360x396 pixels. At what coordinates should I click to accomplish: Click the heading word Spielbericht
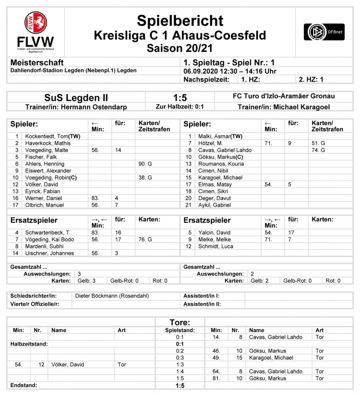click(180, 21)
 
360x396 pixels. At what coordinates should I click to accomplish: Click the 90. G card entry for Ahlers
click(145, 164)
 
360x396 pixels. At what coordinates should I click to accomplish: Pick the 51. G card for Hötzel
click(318, 143)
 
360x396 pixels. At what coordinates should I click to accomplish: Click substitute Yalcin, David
click(215, 233)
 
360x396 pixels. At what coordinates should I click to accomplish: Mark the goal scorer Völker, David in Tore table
click(67, 365)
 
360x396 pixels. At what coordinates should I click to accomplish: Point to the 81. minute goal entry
click(216, 378)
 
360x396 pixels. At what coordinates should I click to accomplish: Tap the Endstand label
click(23, 385)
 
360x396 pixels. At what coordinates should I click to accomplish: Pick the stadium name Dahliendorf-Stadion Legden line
click(73, 71)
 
